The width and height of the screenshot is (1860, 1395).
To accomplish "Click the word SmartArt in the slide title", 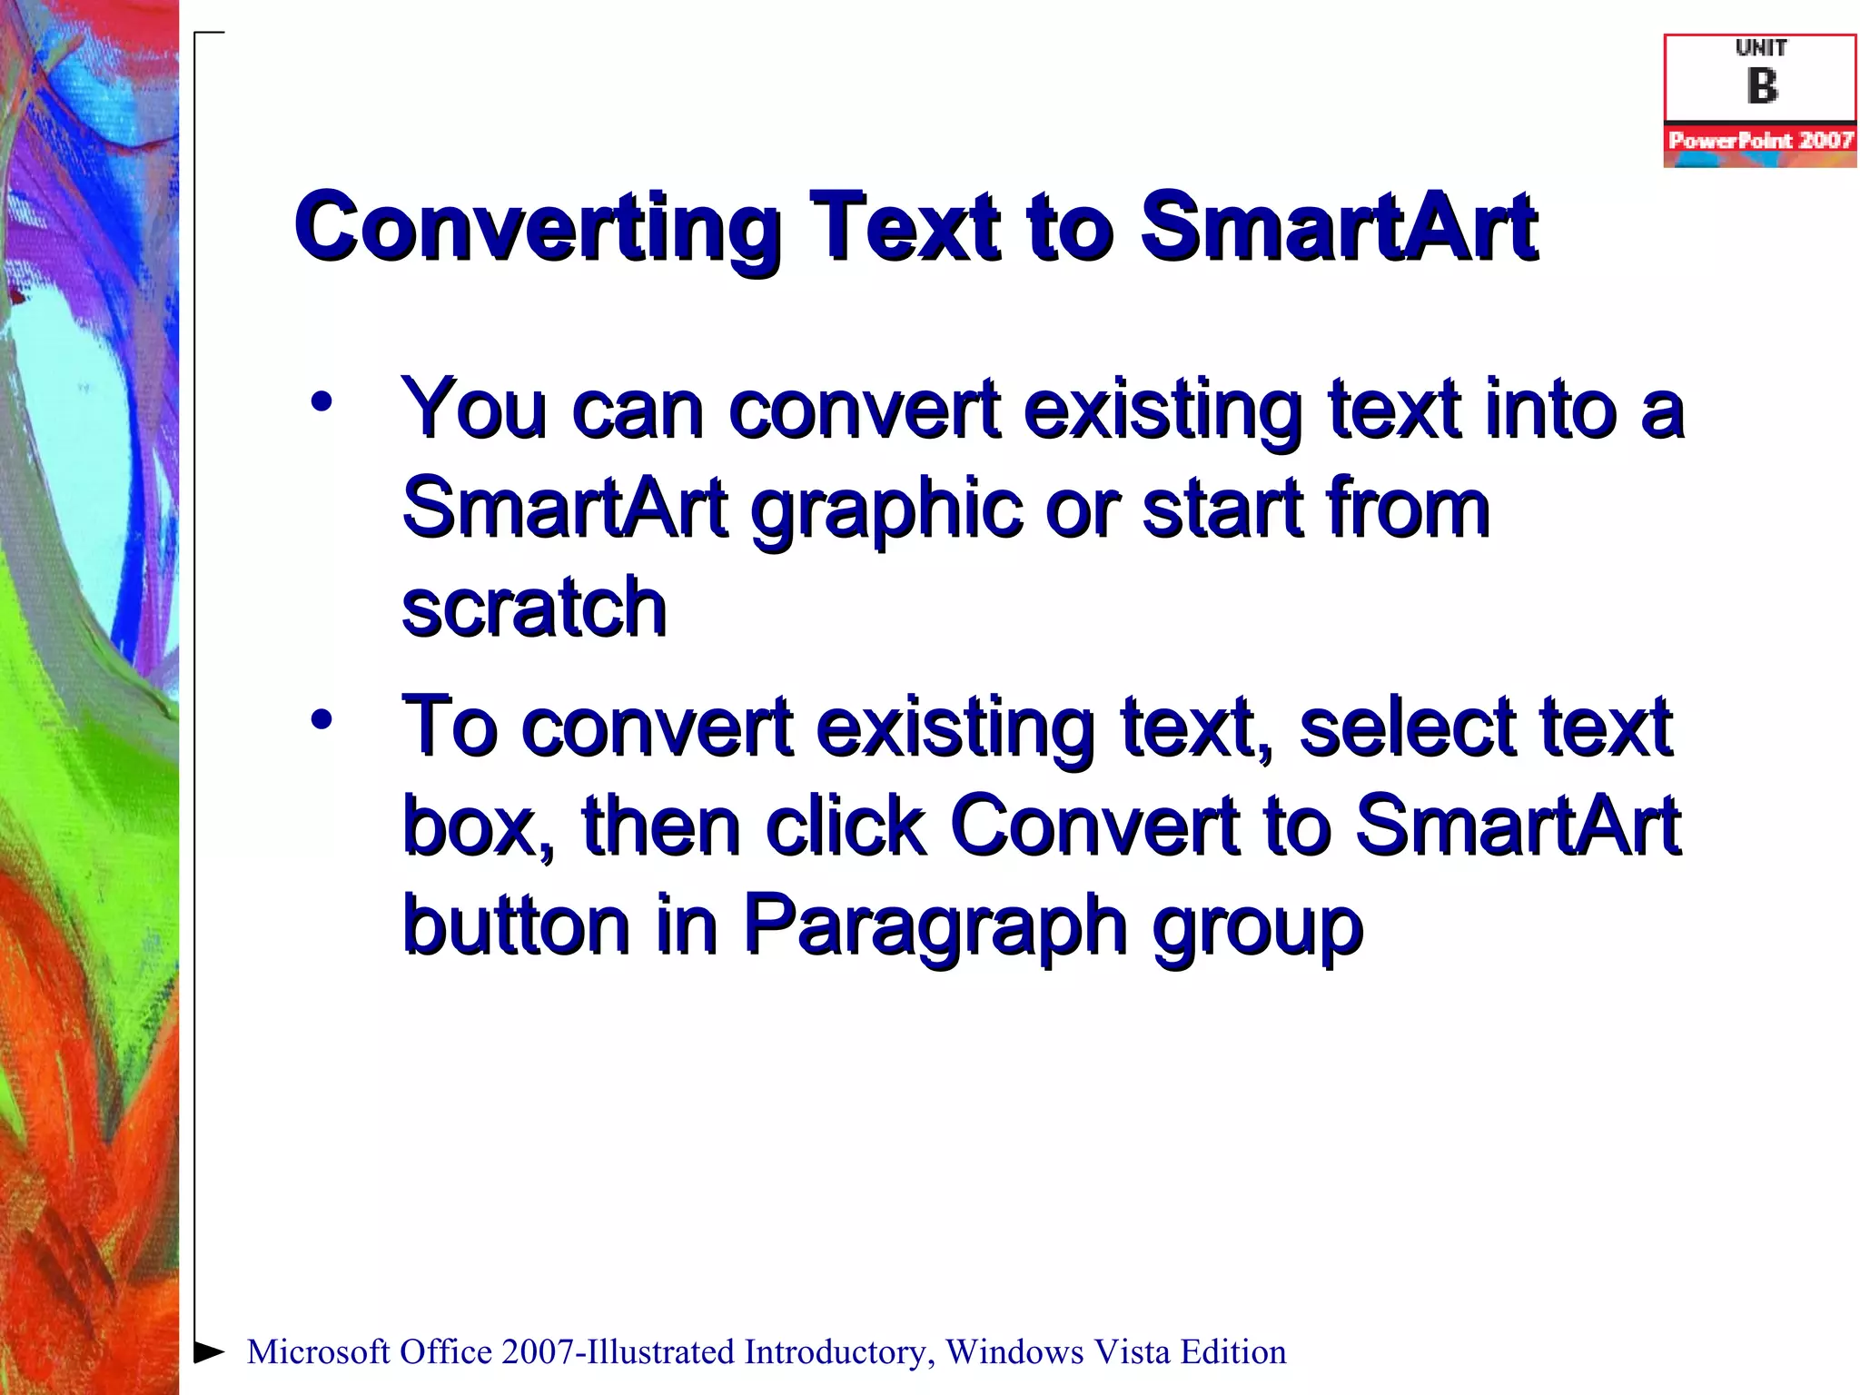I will tap(1339, 227).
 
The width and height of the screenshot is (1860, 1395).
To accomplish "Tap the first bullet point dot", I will tap(322, 401).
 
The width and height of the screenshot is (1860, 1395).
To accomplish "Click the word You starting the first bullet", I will tap(475, 409).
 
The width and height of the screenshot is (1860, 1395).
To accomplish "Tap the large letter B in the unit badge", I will tap(1762, 87).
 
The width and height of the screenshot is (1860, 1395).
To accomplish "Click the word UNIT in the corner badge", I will tap(1761, 48).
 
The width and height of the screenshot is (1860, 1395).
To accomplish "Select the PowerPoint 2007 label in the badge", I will tap(1760, 140).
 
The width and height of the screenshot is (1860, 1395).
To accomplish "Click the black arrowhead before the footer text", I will tap(209, 1351).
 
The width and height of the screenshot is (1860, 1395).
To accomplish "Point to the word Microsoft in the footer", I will tap(318, 1352).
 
